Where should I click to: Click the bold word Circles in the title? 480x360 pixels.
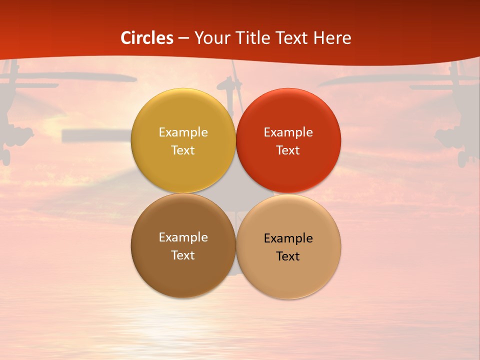pyautogui.click(x=147, y=38)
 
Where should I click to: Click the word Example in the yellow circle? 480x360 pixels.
pyautogui.click(x=183, y=132)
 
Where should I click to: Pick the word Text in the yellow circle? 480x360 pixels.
pyautogui.click(x=183, y=150)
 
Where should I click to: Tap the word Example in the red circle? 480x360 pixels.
pyautogui.click(x=288, y=132)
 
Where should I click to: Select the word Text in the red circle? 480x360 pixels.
pyautogui.click(x=288, y=150)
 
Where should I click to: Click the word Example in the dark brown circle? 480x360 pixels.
pyautogui.click(x=183, y=237)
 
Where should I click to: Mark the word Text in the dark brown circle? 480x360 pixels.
pyautogui.click(x=183, y=255)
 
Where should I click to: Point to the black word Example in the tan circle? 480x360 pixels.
pyautogui.click(x=288, y=238)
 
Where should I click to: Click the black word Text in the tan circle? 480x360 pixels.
pyautogui.click(x=288, y=256)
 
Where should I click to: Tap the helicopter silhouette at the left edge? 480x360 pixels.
pyautogui.click(x=15, y=115)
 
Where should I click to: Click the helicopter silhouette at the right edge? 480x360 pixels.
pyautogui.click(x=455, y=120)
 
